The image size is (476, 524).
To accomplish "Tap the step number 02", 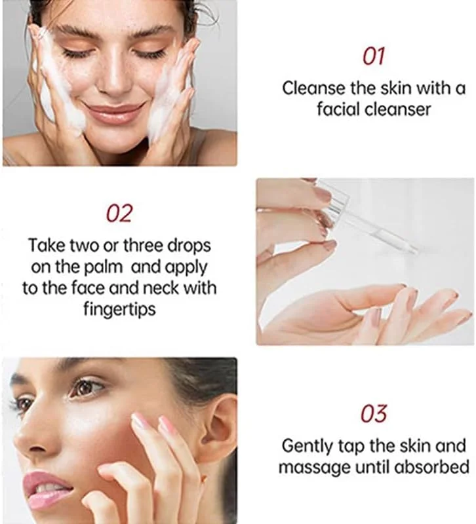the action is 119,214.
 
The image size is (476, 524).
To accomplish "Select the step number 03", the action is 374,413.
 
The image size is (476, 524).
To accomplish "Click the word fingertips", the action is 119,309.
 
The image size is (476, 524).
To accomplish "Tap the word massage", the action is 315,468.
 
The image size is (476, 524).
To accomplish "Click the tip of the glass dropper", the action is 416,251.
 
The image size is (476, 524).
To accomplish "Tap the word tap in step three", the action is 351,447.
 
